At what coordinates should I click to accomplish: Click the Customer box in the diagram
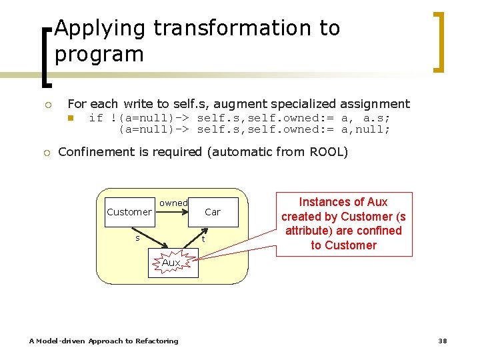[129, 212]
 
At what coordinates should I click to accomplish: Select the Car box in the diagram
[213, 212]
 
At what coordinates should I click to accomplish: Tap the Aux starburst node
[171, 263]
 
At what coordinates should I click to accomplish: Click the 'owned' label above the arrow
[173, 203]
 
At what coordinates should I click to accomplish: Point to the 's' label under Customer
[137, 238]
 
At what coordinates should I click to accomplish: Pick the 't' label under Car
[203, 240]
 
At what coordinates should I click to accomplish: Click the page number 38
[442, 341]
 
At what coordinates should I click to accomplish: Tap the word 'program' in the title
[99, 54]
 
